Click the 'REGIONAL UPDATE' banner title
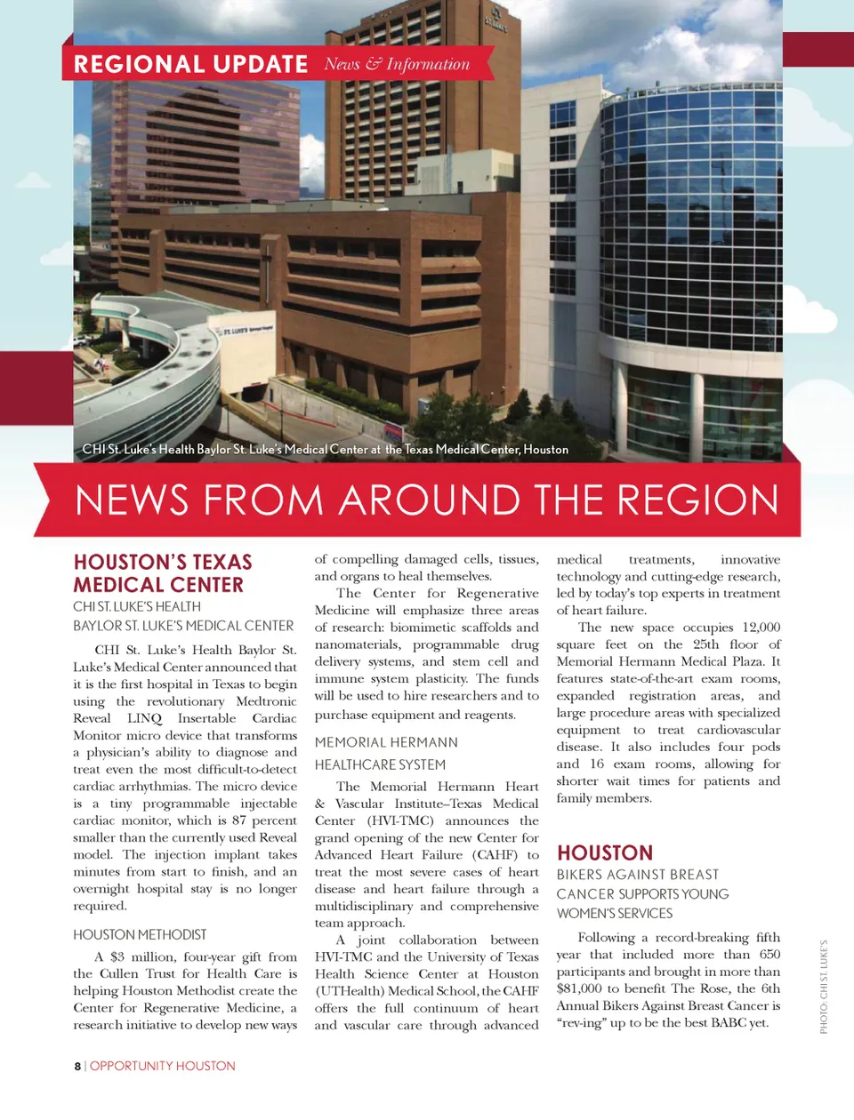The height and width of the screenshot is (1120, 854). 190,64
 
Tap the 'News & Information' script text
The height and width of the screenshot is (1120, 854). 397,64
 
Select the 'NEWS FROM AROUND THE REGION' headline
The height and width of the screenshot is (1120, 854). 427,500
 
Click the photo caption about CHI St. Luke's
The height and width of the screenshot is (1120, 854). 326,449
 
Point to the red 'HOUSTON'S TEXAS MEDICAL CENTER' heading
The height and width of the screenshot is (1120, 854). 162,573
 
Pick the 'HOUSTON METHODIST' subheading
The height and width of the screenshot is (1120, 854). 140,934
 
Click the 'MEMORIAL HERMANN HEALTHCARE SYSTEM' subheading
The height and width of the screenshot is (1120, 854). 386,753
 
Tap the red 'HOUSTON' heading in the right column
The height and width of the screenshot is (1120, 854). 605,852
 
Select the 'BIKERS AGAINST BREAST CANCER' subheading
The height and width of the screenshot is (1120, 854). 642,893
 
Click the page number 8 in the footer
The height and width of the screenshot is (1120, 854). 77,1066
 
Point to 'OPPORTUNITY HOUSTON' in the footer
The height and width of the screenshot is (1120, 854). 163,1066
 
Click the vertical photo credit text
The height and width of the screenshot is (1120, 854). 824,987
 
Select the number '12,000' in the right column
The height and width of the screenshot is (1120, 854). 761,627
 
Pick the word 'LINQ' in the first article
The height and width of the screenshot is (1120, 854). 144,718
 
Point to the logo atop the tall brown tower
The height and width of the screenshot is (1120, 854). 496,23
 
